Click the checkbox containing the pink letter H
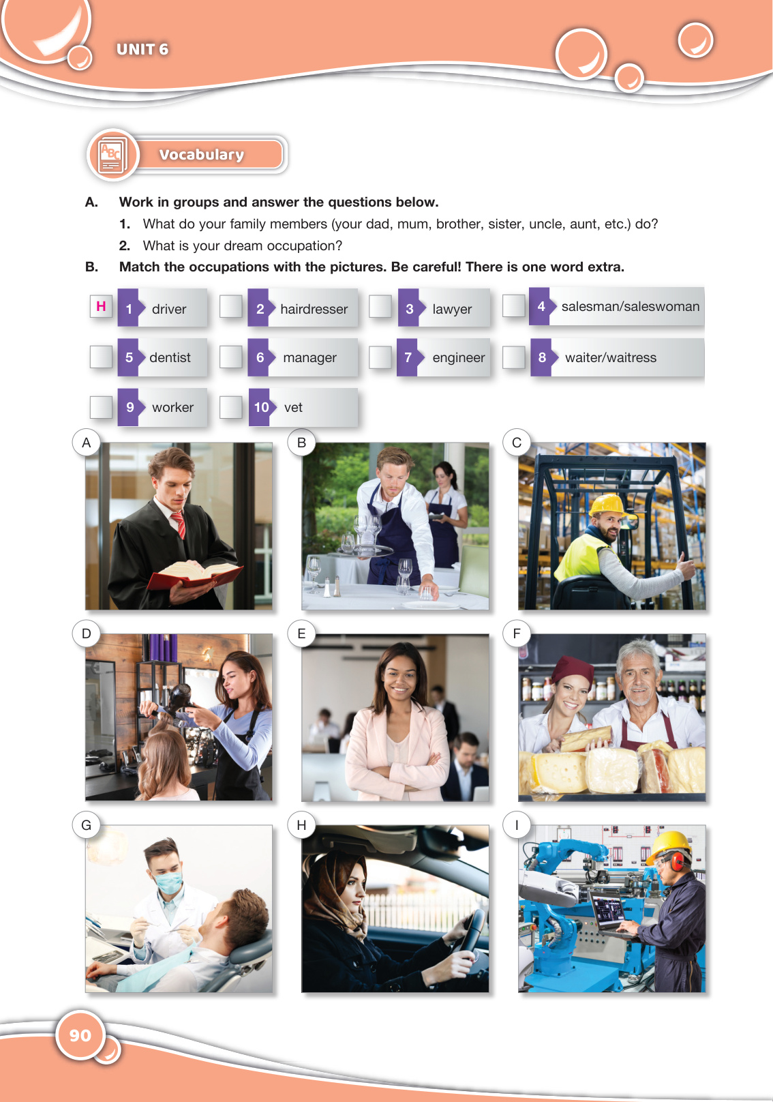point(101,306)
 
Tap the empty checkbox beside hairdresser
point(230,306)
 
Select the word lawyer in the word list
point(452,310)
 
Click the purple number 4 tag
point(540,306)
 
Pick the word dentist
point(170,357)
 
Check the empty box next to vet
point(230,407)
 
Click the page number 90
point(80,1035)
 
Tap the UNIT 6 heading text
point(142,49)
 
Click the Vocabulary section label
point(202,155)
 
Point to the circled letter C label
point(516,443)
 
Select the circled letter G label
point(86,825)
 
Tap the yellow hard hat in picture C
point(608,506)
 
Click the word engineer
point(458,358)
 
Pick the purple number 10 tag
point(260,407)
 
